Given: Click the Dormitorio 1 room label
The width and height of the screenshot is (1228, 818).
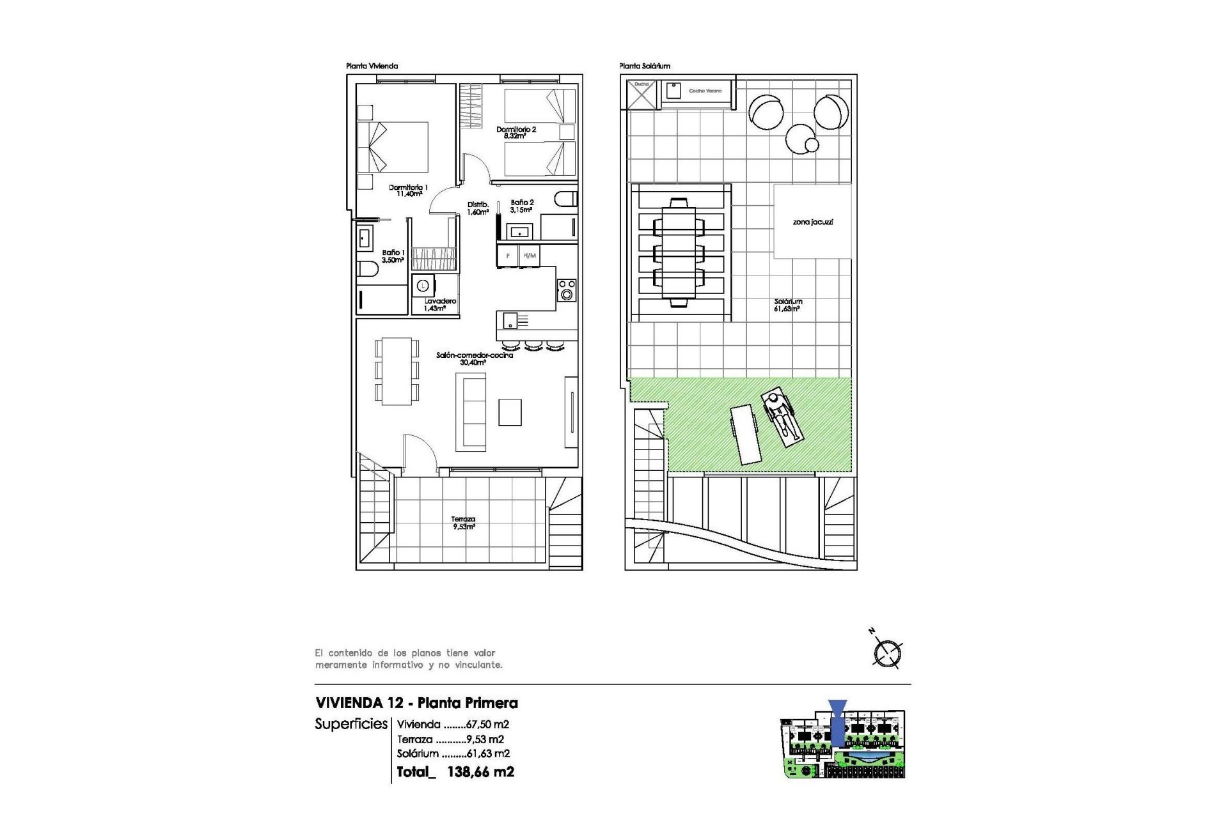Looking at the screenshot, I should tap(408, 190).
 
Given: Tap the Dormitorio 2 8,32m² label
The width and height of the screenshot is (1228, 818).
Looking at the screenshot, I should tap(516, 132).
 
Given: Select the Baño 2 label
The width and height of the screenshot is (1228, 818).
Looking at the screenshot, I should tap(521, 206).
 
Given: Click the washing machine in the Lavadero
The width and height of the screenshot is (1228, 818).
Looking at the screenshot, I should tap(423, 286).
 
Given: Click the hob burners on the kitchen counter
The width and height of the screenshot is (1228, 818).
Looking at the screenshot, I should tap(567, 289).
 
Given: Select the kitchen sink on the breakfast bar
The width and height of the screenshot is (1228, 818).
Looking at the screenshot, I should tap(510, 320).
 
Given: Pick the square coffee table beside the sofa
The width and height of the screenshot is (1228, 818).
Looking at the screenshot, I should tap(510, 412).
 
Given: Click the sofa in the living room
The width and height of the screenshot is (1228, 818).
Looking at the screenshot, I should tap(471, 412).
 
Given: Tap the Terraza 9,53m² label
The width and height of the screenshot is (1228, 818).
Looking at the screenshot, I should tap(463, 523).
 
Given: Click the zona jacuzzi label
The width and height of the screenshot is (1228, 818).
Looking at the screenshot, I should tap(812, 222).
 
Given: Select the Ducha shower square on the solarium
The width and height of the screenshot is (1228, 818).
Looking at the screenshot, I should tap(642, 94).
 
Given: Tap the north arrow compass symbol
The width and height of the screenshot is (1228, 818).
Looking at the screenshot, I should tap(887, 652).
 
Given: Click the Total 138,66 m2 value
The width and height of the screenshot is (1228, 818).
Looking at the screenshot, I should tap(480, 771).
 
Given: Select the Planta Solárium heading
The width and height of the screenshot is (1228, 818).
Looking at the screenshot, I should tap(644, 66).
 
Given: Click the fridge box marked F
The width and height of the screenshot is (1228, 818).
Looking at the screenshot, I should tap(508, 256).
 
